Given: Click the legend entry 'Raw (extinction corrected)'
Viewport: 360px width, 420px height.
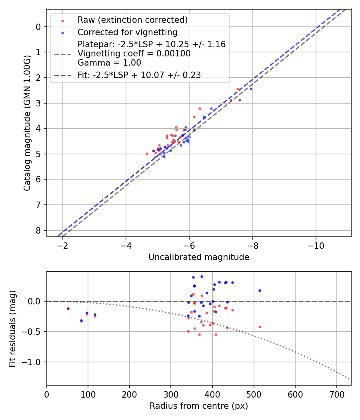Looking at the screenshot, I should pos(132,20).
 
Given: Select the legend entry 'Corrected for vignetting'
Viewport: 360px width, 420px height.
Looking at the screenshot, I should pos(127,32).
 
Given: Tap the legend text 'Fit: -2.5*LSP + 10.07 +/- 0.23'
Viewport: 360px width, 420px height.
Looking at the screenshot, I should pos(139,75).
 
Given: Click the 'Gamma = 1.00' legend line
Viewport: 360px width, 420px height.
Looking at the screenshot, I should pos(109,63).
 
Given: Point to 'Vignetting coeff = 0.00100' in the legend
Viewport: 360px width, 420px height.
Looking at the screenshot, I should pos(134,54).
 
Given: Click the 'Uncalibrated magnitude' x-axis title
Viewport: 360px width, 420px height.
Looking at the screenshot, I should pos(199,257).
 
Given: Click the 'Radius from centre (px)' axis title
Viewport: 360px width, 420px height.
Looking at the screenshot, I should pos(199,406).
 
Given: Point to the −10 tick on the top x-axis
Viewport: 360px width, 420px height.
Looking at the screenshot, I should pos(316,245).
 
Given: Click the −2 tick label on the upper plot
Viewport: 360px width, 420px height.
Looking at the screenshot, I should pos(62,245).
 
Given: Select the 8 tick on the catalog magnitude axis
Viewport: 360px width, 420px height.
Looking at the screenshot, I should pos(38,230).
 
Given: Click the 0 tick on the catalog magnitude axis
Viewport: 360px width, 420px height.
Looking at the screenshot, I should pos(38,27).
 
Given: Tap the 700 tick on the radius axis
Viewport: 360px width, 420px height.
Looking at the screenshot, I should pos(336,394).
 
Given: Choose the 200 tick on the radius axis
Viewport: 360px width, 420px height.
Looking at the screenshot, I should pos(130,394).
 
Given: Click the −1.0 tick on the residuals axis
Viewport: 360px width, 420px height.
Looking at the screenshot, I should pos(34,362).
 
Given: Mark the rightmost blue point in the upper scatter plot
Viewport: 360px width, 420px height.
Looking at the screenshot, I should pos(251,89).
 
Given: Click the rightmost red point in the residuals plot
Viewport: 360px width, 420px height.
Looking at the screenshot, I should pos(260,327).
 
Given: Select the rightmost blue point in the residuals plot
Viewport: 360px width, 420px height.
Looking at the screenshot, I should pos(260,290).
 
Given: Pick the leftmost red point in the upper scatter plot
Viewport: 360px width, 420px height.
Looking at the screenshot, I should pos(147,154).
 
